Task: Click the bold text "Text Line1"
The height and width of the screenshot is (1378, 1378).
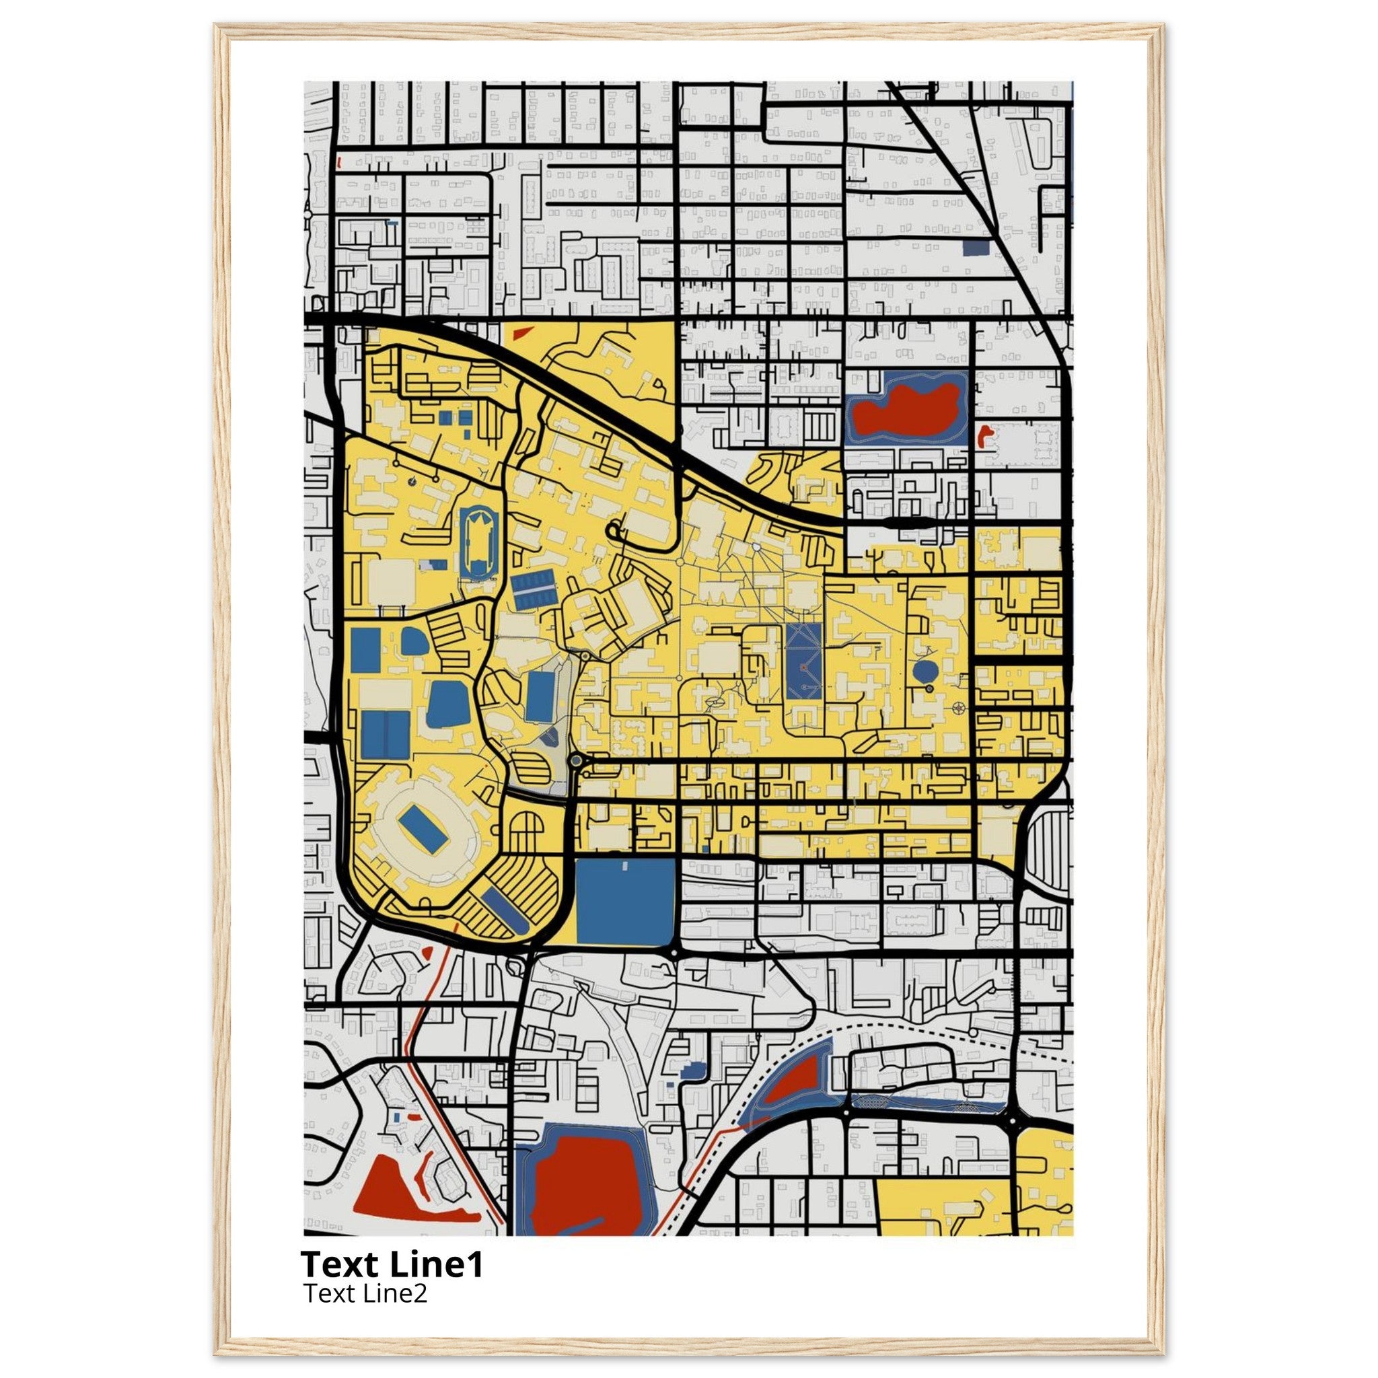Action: pyautogui.click(x=392, y=1264)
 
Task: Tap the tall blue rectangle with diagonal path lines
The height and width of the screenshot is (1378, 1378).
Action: pyautogui.click(x=805, y=662)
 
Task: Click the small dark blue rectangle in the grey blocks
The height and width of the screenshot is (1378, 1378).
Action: pyautogui.click(x=976, y=248)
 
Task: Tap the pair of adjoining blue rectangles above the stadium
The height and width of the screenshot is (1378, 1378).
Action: pyautogui.click(x=385, y=735)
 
